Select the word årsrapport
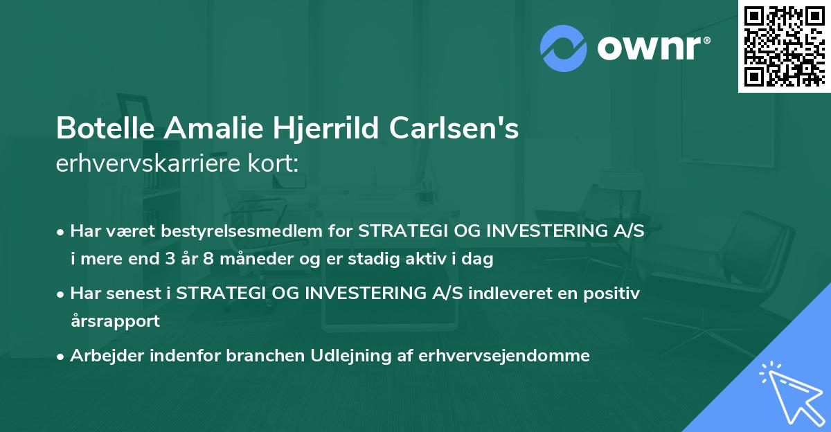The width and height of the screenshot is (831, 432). click(115, 321)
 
